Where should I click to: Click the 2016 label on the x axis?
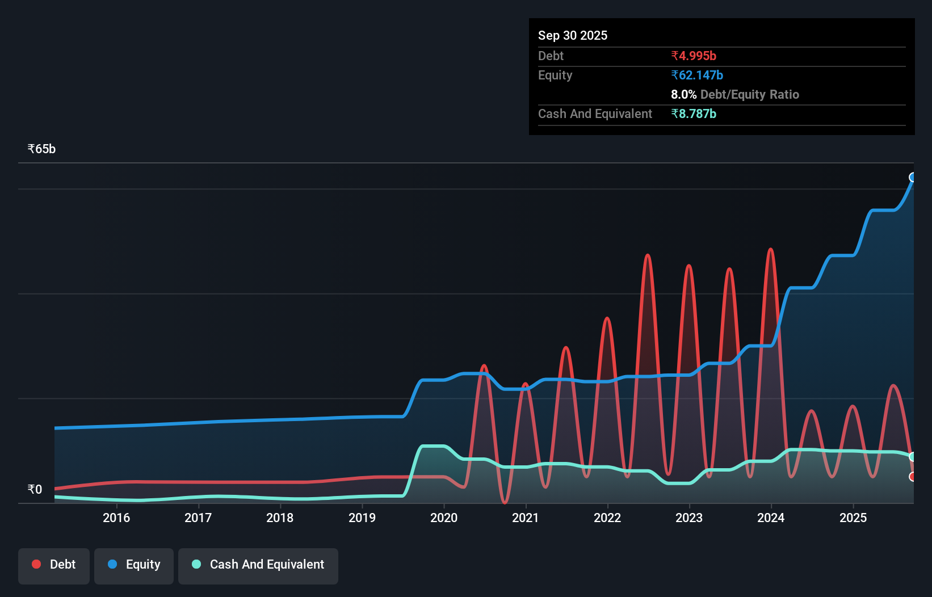click(x=116, y=518)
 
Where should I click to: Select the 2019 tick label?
click(x=362, y=518)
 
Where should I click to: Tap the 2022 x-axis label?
click(x=607, y=518)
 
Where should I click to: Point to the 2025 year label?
click(x=853, y=518)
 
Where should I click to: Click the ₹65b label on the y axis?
click(x=41, y=149)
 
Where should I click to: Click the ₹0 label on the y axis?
click(x=35, y=489)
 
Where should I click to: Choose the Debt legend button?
click(x=54, y=564)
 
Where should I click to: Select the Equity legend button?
click(x=134, y=564)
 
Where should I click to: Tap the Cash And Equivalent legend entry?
click(x=258, y=564)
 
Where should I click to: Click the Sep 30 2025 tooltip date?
click(x=573, y=35)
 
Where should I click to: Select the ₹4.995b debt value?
click(x=694, y=56)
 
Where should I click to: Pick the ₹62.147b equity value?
click(x=697, y=75)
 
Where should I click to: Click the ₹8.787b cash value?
click(x=694, y=113)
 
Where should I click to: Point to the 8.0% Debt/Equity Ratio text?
click(x=735, y=94)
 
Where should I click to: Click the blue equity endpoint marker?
click(x=913, y=177)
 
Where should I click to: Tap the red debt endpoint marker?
click(x=913, y=477)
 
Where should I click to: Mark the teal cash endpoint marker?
click(x=913, y=457)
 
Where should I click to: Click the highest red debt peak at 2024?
click(x=770, y=250)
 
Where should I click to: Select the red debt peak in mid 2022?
click(x=648, y=256)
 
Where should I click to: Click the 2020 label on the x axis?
click(x=444, y=518)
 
